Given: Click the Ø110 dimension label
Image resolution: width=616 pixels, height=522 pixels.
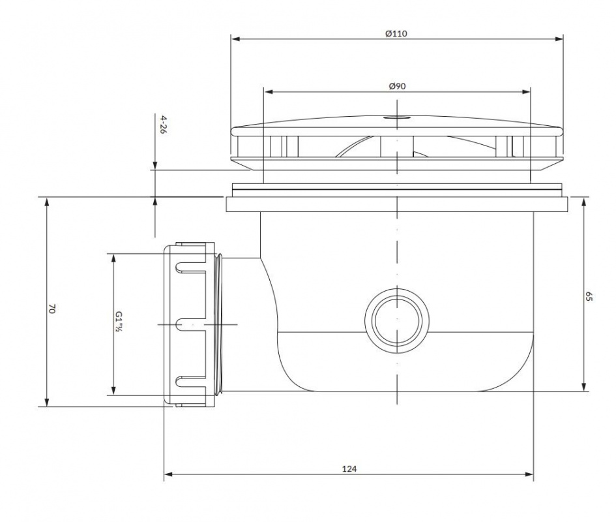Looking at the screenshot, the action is pyautogui.click(x=396, y=33).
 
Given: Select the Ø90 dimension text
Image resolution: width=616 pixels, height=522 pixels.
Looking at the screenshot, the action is pyautogui.click(x=397, y=86).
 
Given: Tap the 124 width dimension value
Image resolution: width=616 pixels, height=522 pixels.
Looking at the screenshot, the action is pyautogui.click(x=349, y=468).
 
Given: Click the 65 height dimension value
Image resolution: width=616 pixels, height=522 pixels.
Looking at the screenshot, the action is pyautogui.click(x=588, y=296).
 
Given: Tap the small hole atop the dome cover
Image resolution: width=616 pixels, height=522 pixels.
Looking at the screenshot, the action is pyautogui.click(x=396, y=117).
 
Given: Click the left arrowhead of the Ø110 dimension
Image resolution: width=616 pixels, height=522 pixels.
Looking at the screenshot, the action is pyautogui.click(x=235, y=39).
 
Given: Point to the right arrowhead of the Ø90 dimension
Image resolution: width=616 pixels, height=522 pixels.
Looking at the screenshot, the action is pyautogui.click(x=526, y=92).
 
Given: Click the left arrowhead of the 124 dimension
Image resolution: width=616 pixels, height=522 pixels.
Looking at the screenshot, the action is pyautogui.click(x=169, y=474).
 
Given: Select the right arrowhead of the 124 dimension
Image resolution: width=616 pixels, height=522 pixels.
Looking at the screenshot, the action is pyautogui.click(x=529, y=474).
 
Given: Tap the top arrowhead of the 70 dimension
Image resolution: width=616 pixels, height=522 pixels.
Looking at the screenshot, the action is pyautogui.click(x=47, y=202).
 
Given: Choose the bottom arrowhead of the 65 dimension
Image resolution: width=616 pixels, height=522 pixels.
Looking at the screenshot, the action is pyautogui.click(x=584, y=386).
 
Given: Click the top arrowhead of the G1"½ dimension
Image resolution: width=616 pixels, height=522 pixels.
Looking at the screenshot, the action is pyautogui.click(x=113, y=258).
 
